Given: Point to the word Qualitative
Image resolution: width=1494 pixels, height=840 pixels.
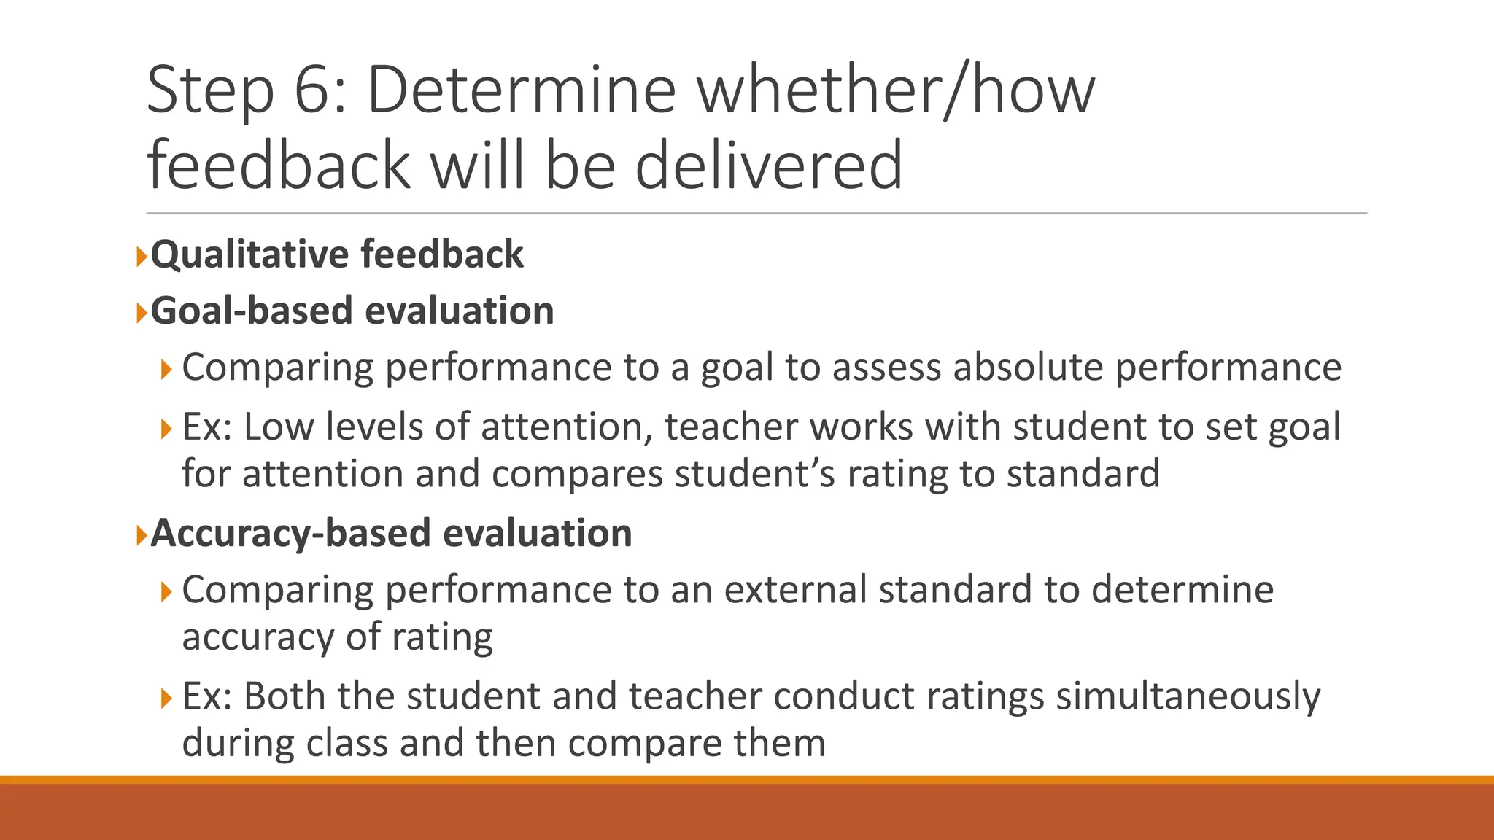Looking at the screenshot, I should [248, 255].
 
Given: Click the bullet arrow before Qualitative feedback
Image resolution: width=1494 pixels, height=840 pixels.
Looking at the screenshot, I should [142, 256].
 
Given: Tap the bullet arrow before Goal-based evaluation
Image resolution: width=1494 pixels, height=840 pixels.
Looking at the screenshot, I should [142, 313].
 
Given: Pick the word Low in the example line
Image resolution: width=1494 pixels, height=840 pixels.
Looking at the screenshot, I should [278, 427].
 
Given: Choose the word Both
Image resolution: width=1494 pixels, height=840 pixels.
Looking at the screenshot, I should [285, 696].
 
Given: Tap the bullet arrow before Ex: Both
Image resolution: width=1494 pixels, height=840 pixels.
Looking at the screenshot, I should [166, 699].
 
